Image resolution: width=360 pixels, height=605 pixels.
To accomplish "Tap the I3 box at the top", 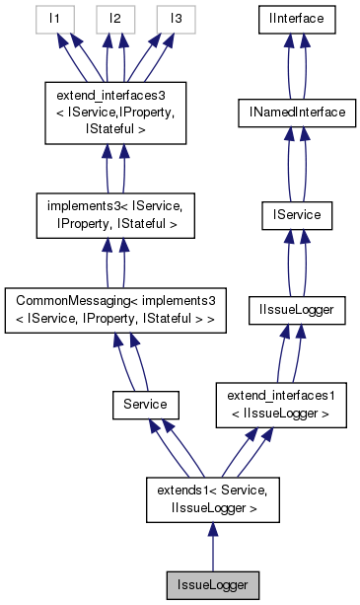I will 176,19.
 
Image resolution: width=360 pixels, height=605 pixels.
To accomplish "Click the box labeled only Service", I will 144,405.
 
